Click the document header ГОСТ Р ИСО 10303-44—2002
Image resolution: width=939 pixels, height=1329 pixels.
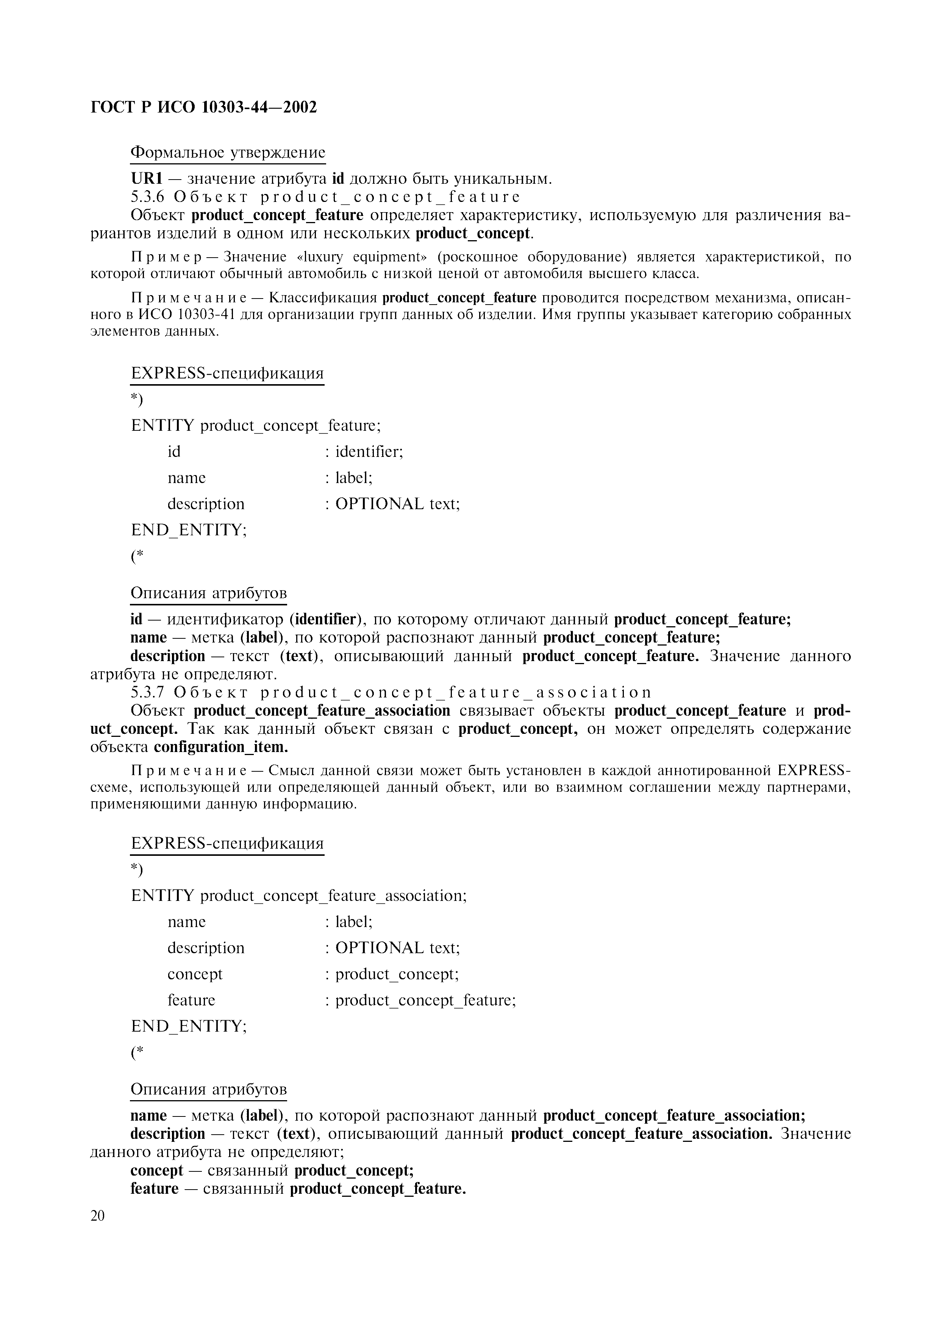(204, 108)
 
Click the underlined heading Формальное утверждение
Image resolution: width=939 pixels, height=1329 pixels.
(228, 153)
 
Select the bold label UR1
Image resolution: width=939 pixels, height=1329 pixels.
(146, 179)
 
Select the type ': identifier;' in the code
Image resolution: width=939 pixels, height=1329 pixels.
(364, 452)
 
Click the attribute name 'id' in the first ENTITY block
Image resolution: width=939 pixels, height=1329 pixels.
(173, 452)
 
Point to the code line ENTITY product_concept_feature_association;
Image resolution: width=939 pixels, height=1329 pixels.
(298, 896)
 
